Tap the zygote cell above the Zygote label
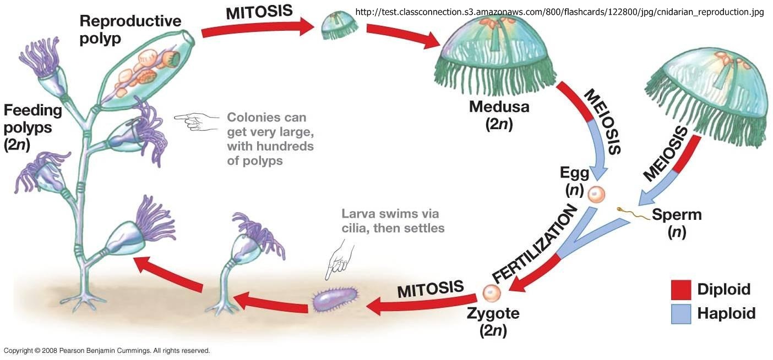click(492, 293)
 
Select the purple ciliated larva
click(335, 300)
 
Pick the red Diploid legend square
click(681, 290)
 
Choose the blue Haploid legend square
click(681, 314)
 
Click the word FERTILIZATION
click(534, 244)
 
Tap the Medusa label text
click(499, 107)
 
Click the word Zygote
click(493, 313)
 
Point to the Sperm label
click(677, 214)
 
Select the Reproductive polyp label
click(130, 30)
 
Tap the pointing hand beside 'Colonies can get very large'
click(197, 122)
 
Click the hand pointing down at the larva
click(340, 260)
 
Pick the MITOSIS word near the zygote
click(431, 289)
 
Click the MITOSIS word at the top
click(259, 12)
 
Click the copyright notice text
click(107, 351)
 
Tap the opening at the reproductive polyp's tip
click(188, 37)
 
